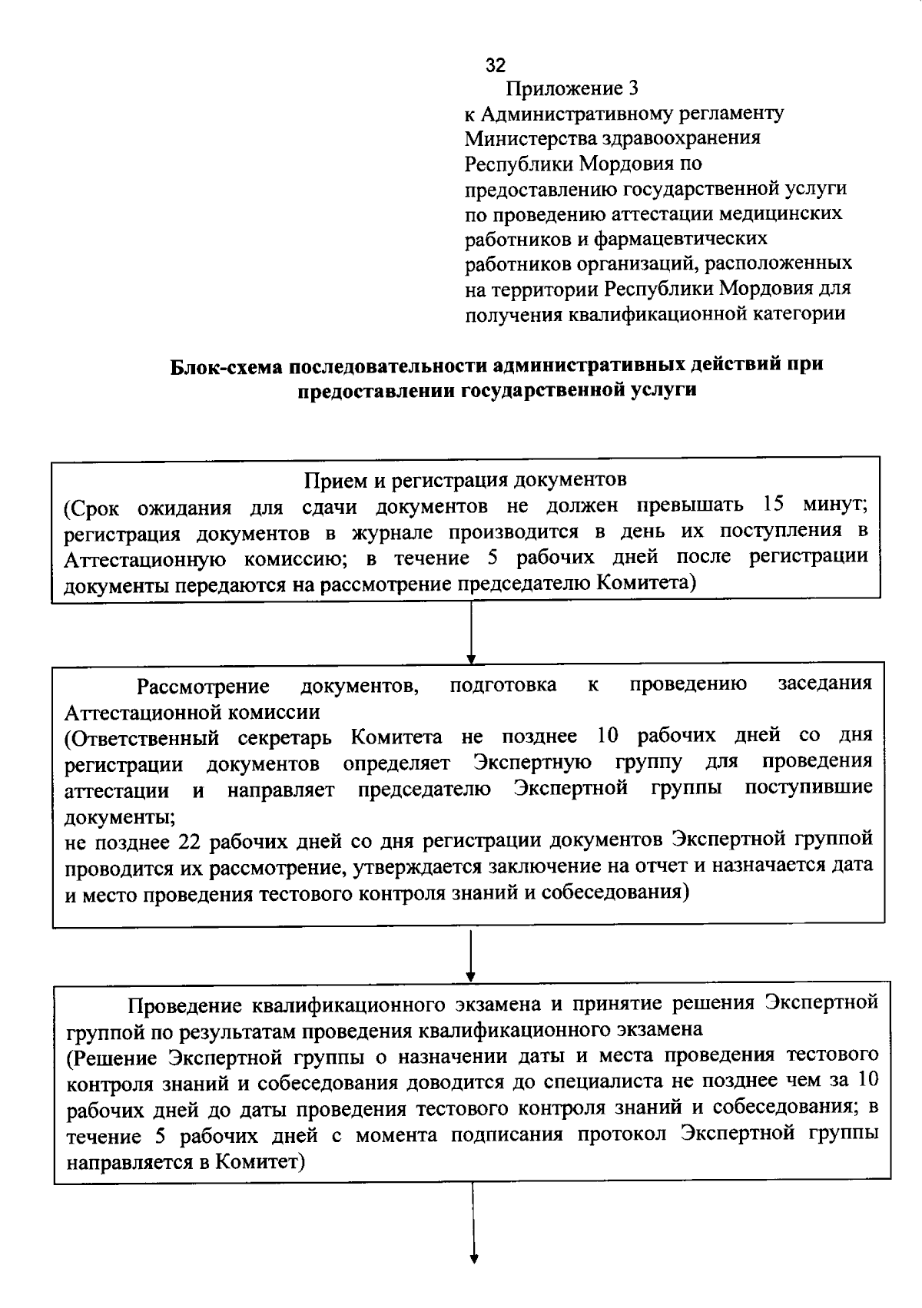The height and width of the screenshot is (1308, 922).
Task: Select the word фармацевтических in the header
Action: click(x=690, y=238)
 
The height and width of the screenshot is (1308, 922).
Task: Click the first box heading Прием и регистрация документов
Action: click(x=466, y=480)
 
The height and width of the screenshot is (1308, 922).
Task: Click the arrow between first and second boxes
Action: click(x=471, y=632)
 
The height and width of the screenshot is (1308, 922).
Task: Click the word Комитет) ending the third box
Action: click(x=260, y=1162)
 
